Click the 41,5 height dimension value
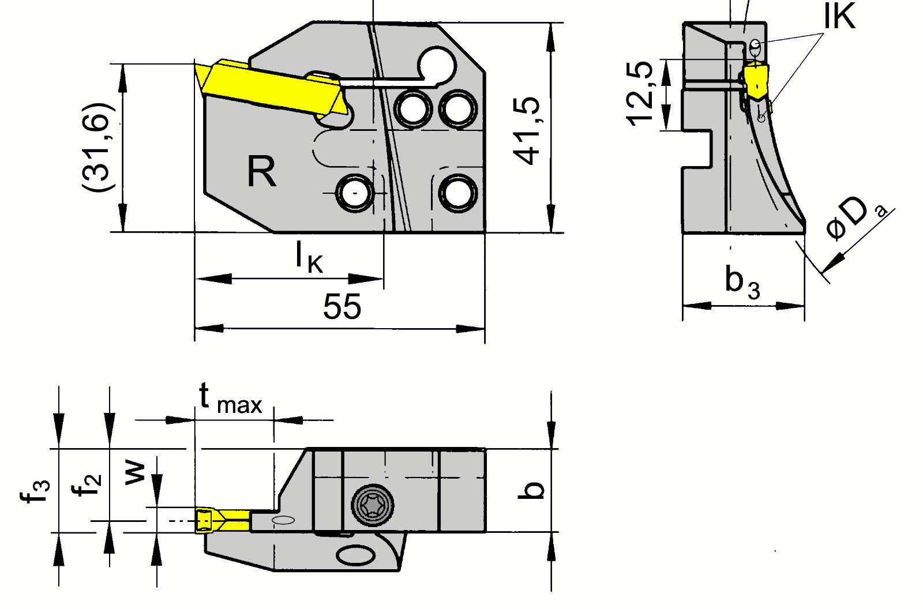click(x=526, y=131)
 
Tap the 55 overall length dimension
click(x=342, y=307)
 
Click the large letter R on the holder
click(x=261, y=171)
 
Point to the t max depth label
click(x=231, y=399)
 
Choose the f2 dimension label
click(x=86, y=485)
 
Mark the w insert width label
click(x=135, y=473)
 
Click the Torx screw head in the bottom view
click(x=373, y=505)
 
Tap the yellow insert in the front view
click(x=271, y=88)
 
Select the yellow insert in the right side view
click(x=756, y=82)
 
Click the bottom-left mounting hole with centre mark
click(x=355, y=193)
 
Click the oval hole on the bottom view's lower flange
click(x=356, y=555)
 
